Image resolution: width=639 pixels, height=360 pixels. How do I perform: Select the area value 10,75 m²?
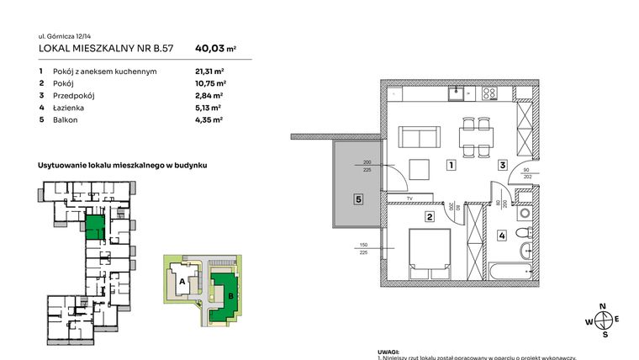point(210,83)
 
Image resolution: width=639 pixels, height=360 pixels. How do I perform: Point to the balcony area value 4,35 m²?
point(209,120)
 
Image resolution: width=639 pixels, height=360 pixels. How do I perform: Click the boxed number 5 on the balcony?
point(357,200)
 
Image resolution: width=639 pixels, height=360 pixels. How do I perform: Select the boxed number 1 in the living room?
point(452,166)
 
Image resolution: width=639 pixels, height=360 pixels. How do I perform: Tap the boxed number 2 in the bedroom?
point(429,217)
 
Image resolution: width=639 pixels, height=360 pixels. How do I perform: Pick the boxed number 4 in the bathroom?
point(502,236)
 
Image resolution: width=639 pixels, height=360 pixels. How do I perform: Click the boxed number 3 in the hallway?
point(502,166)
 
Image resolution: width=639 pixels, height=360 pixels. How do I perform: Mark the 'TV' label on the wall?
point(409,199)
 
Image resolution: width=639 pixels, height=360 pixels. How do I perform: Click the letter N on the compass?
point(603,306)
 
